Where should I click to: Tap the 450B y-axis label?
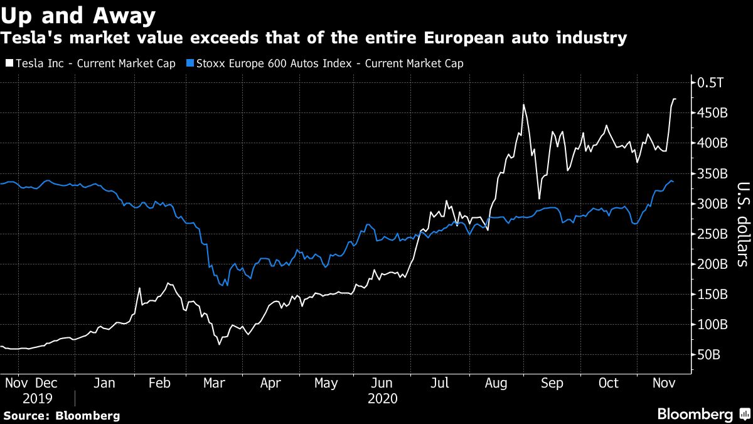[711, 113]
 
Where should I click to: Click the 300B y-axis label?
[711, 204]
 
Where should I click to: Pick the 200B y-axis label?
[711, 264]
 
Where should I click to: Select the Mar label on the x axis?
[215, 383]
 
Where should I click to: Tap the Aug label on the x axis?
[498, 383]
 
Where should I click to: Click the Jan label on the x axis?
[104, 383]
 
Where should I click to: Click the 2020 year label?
[382, 398]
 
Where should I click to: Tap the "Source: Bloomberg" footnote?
[61, 416]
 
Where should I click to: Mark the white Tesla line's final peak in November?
[675, 99]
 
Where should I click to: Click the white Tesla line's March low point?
[220, 344]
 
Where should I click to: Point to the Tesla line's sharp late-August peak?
[523, 105]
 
